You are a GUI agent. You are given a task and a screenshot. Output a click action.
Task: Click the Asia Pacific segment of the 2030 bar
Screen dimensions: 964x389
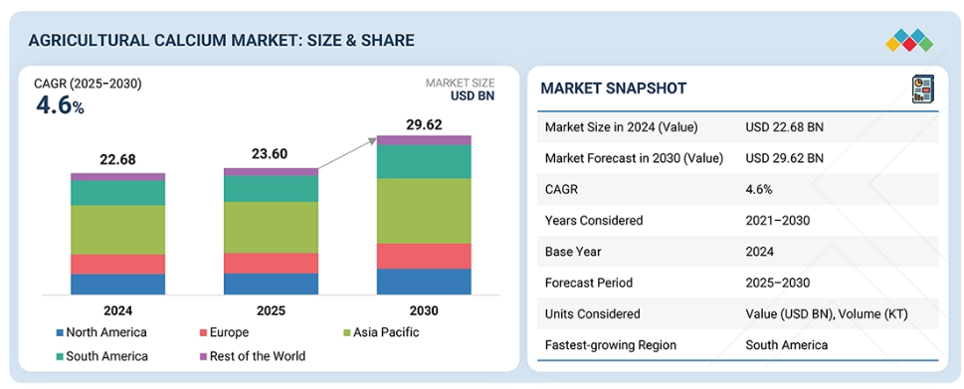[x=424, y=211]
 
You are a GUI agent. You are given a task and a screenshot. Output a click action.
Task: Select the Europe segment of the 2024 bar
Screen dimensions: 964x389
[x=117, y=265]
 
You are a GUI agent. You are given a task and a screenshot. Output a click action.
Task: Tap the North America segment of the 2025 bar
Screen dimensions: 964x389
[x=272, y=284]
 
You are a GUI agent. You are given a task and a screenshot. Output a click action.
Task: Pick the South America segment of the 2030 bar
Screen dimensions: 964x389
[x=424, y=161]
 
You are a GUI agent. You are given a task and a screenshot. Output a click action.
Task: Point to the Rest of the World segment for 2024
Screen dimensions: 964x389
[x=117, y=177]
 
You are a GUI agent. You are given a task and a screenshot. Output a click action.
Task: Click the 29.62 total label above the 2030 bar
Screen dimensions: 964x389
[x=424, y=125]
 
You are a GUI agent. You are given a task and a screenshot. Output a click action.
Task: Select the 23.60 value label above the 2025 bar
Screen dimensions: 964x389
[x=271, y=154]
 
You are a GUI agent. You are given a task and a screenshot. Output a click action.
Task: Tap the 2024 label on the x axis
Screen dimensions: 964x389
[x=117, y=311]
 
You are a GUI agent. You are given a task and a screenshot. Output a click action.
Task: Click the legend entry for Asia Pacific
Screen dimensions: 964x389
[x=381, y=333]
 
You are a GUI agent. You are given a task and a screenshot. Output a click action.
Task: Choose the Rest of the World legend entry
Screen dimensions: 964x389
[x=252, y=356]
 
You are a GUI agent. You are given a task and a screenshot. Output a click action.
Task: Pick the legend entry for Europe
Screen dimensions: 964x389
[x=224, y=333]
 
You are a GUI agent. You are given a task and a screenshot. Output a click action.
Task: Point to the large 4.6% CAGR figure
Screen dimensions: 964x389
[x=60, y=106]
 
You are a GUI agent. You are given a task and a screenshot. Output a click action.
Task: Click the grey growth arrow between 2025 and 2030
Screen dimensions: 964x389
[x=347, y=153]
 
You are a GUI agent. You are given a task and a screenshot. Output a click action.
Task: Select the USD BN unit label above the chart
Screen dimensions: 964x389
[x=473, y=96]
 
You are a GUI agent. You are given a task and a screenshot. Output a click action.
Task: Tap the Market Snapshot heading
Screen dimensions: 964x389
[x=614, y=89]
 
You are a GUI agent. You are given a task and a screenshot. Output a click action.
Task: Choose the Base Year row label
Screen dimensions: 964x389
[x=573, y=252]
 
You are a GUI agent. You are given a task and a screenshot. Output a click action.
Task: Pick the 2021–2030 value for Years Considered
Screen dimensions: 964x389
[x=778, y=220]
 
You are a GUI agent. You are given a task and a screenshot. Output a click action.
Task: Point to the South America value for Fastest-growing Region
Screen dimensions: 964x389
[x=787, y=345]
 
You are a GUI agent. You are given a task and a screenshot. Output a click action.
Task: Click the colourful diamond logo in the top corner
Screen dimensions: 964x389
[x=909, y=41]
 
